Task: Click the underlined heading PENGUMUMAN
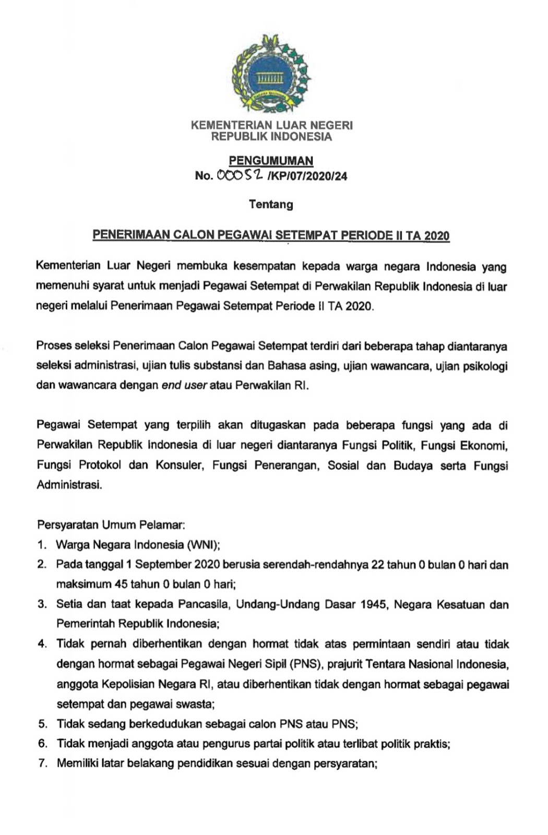coord(271,161)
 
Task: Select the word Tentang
coord(271,204)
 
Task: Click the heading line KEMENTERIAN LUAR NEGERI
coord(272,125)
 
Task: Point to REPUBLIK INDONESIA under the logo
coord(271,137)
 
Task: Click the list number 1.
coord(42,545)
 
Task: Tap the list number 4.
coord(42,644)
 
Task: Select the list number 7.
coord(42,764)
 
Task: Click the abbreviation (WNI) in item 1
coord(202,545)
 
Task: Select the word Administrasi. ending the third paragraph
coord(69,485)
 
